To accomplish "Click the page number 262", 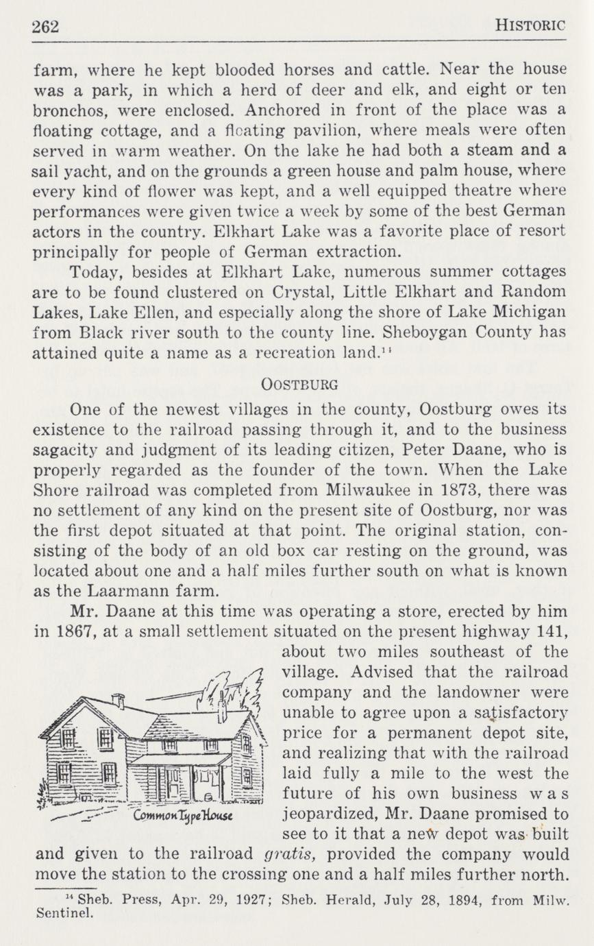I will click(x=47, y=26).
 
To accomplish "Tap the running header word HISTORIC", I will click(x=530, y=26).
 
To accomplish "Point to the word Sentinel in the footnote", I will click(x=62, y=913).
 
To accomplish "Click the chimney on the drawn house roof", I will click(x=119, y=701).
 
